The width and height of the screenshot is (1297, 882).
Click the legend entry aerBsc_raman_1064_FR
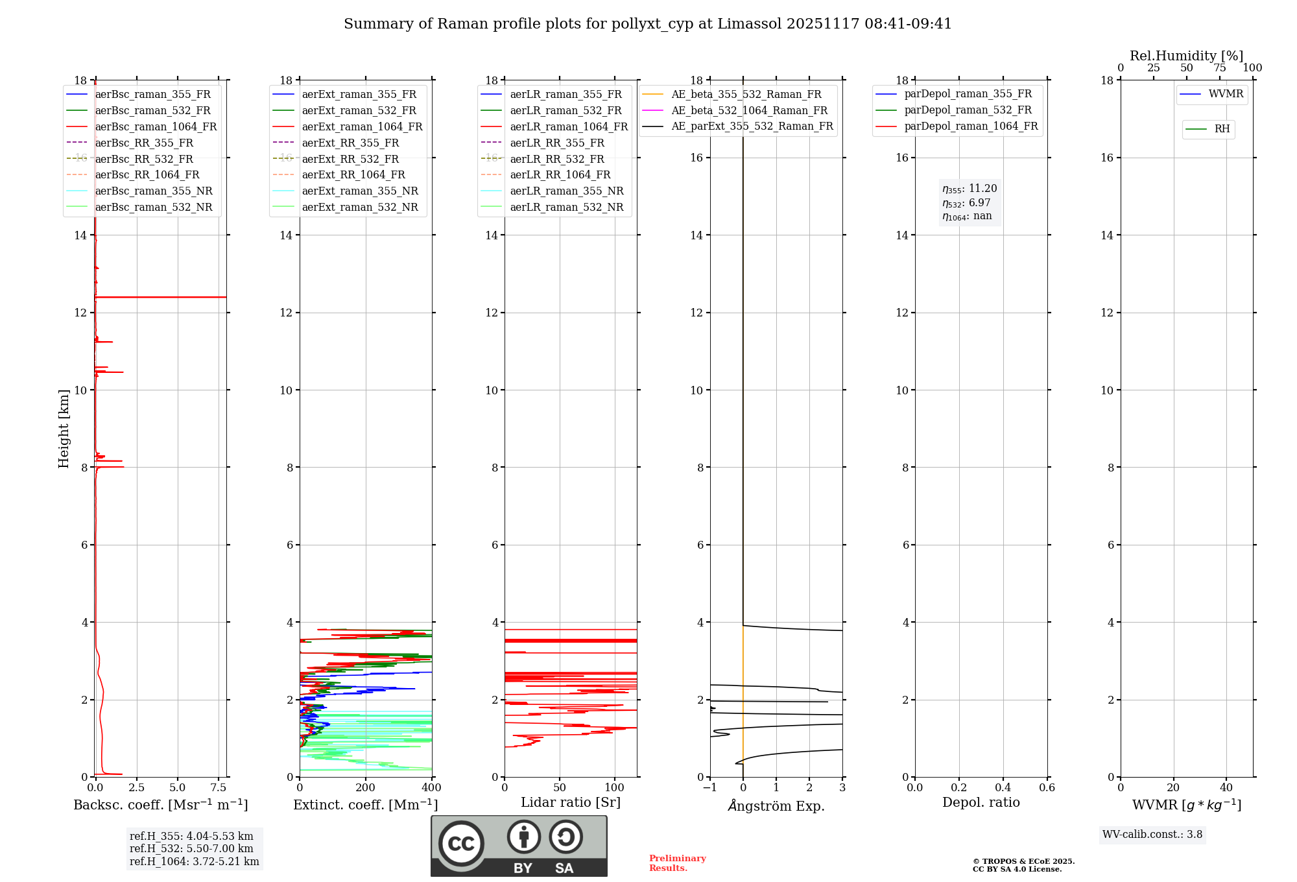click(x=156, y=126)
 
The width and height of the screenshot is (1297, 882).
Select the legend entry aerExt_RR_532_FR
click(x=350, y=159)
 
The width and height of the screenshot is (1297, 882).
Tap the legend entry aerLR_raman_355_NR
click(x=566, y=191)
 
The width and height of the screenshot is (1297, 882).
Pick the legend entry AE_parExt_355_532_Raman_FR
click(x=752, y=126)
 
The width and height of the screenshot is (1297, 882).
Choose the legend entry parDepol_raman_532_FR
click(x=968, y=110)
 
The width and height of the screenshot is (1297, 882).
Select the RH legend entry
click(x=1222, y=129)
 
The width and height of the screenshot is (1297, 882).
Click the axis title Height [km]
click(x=64, y=428)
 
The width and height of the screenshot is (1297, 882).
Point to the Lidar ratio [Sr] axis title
click(x=571, y=802)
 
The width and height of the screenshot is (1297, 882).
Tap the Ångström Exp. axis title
click(x=776, y=805)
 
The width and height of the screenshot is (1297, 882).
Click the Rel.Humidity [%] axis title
click(x=1186, y=56)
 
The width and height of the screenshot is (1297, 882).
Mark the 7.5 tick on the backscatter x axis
click(x=219, y=788)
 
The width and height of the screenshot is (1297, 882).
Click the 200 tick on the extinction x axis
click(x=366, y=788)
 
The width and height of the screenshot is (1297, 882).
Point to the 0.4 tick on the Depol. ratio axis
click(x=1003, y=788)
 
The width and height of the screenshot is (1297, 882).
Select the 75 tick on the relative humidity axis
click(x=1220, y=68)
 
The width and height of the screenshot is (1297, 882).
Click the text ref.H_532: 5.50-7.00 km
click(x=191, y=848)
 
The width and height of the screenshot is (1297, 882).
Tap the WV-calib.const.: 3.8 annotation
click(x=1152, y=835)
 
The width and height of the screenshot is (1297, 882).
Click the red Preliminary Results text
click(x=677, y=863)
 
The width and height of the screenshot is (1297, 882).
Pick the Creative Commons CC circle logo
click(x=461, y=844)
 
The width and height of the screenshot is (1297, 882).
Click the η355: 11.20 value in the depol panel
click(x=970, y=189)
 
